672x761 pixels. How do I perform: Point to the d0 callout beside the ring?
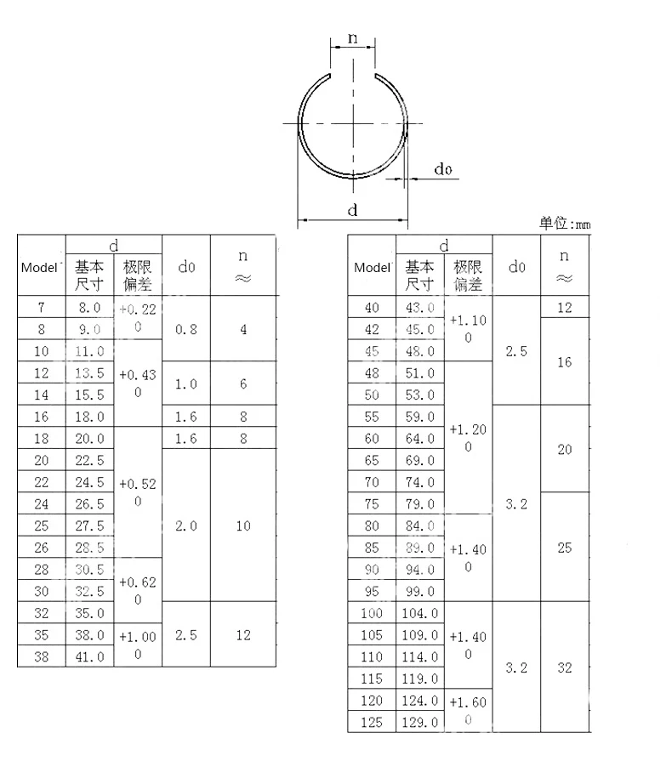click(x=442, y=170)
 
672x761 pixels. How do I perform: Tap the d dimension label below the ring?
click(x=352, y=210)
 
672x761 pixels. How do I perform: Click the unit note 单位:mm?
click(x=564, y=224)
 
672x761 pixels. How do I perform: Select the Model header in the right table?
click(x=372, y=267)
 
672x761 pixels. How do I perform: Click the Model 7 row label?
click(x=42, y=307)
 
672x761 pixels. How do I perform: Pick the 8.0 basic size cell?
click(x=89, y=307)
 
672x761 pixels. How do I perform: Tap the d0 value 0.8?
click(x=185, y=329)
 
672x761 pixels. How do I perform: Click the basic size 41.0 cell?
click(x=89, y=656)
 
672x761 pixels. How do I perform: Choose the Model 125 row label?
click(x=372, y=723)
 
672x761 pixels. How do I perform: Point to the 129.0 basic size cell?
click(x=420, y=723)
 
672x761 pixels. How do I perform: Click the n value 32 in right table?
click(x=565, y=667)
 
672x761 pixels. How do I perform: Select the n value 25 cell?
click(x=565, y=548)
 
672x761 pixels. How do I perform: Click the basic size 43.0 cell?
click(x=420, y=307)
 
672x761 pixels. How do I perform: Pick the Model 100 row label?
click(x=372, y=613)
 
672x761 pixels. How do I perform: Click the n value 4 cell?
click(x=243, y=329)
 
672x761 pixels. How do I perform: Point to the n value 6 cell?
click(x=243, y=383)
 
